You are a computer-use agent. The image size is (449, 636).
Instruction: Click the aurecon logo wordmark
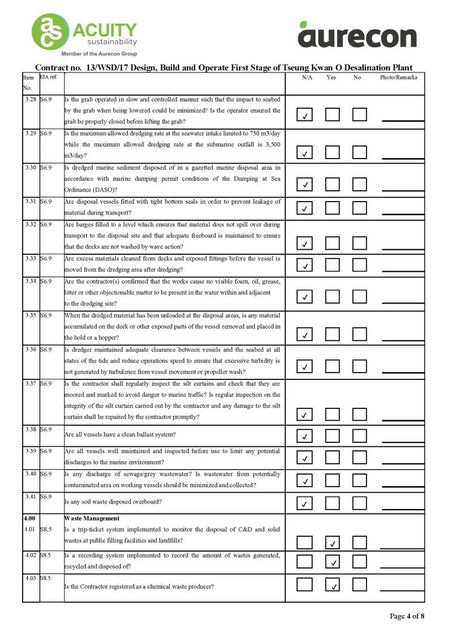(357, 36)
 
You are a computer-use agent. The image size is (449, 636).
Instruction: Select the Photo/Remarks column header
(398, 78)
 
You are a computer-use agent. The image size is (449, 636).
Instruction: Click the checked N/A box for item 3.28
(305, 116)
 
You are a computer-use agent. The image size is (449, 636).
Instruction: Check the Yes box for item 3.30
(332, 184)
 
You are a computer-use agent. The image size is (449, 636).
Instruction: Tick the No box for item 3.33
(360, 265)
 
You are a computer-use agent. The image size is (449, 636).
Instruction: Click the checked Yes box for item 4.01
(332, 543)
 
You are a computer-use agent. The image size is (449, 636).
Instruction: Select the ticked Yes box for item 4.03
(332, 584)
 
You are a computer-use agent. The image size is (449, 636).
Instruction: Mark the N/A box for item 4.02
(305, 561)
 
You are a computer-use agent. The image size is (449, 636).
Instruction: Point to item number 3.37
(31, 383)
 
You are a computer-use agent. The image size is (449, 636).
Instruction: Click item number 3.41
(31, 497)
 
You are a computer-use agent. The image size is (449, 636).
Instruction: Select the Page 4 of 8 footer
(407, 616)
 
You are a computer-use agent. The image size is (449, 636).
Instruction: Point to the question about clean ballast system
(120, 434)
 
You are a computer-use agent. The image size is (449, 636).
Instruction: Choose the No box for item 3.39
(360, 456)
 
